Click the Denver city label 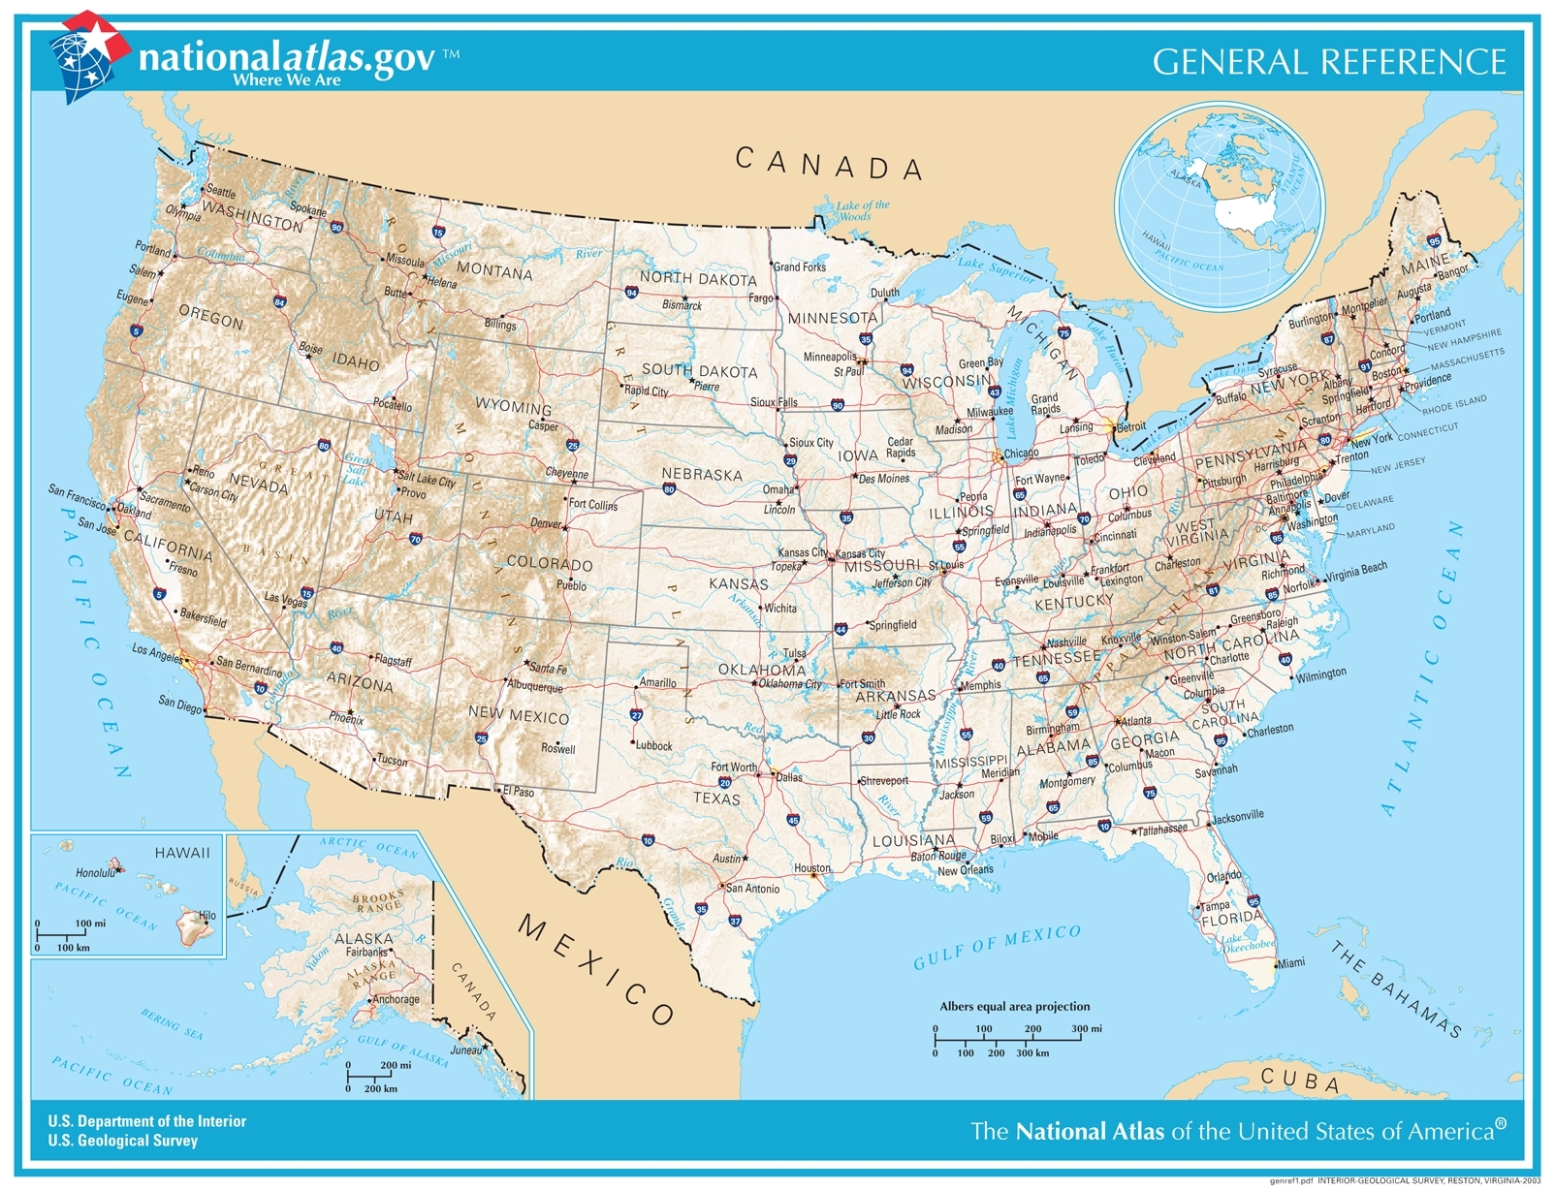(546, 523)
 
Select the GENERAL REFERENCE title (1329, 62)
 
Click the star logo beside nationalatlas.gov (88, 54)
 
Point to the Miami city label (1290, 963)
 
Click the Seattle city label (221, 192)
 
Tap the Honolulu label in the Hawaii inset (95, 872)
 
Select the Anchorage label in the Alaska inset (396, 999)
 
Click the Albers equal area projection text (1014, 1006)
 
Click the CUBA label (1300, 1080)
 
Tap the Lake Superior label (996, 268)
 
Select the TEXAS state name (716, 799)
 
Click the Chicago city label (1021, 453)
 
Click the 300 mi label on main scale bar (1087, 1029)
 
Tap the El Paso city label (519, 792)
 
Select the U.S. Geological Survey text (123, 1141)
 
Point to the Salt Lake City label (427, 481)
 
